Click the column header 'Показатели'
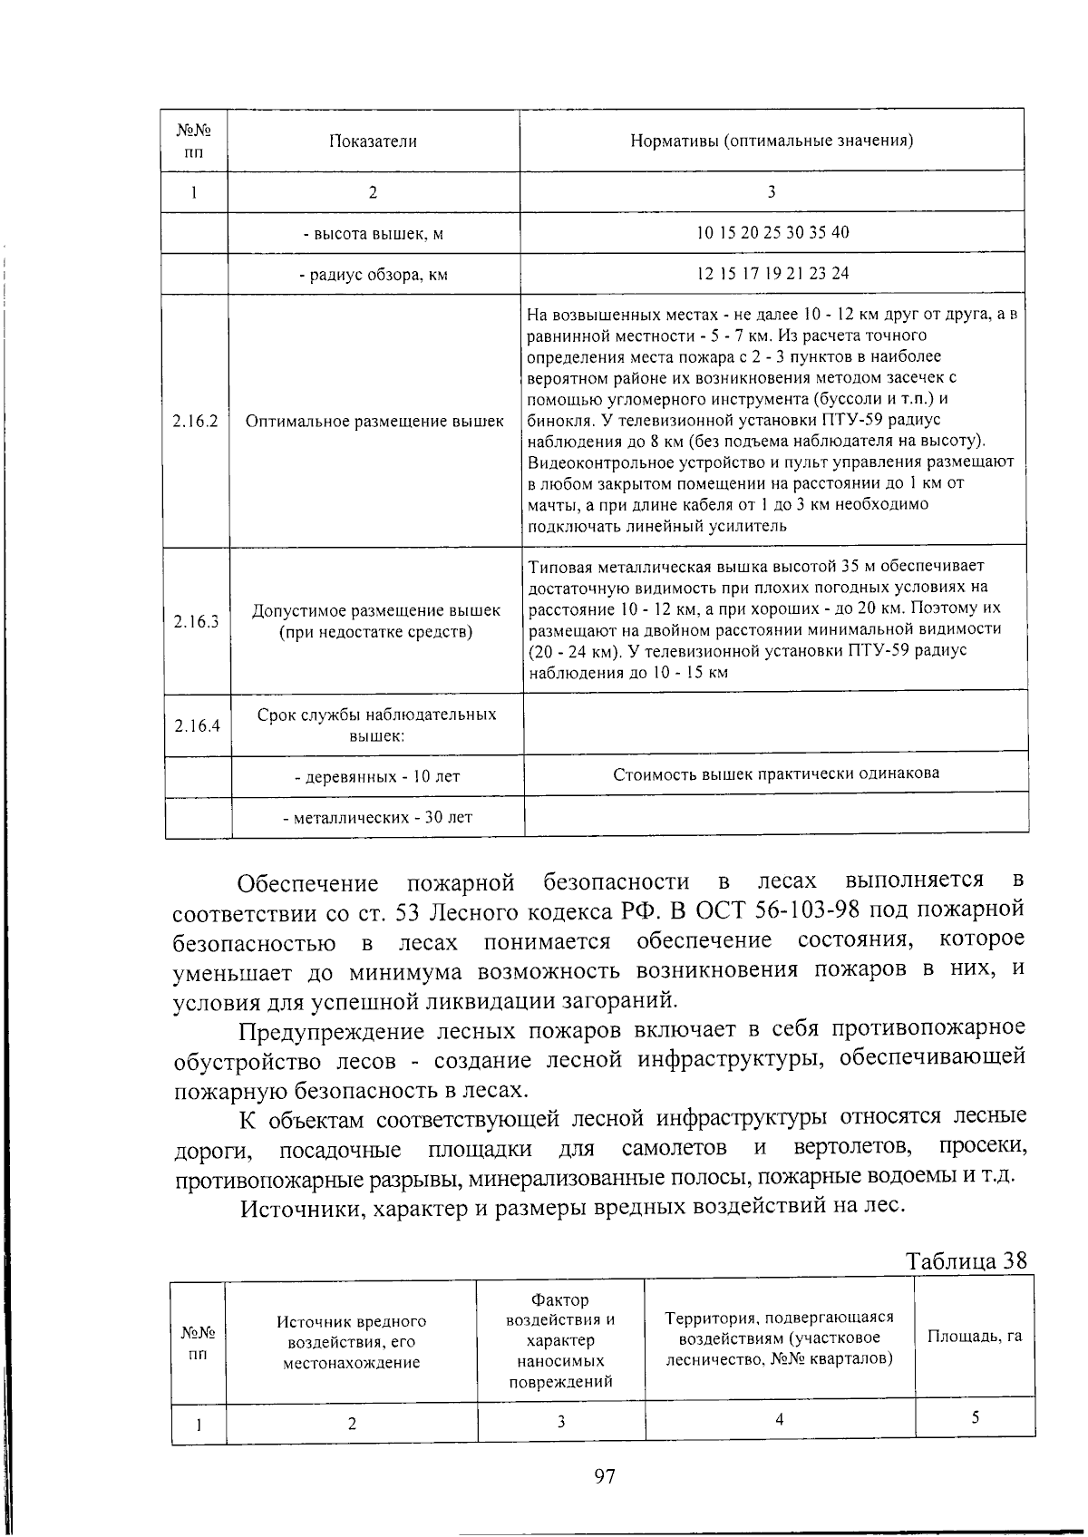(373, 141)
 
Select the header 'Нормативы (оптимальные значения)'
(772, 141)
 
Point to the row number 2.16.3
(196, 621)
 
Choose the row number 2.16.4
(198, 725)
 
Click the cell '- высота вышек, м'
(373, 234)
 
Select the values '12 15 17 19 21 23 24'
(772, 273)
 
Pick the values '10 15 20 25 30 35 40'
(772, 232)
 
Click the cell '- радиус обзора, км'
(374, 274)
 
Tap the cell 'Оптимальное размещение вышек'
(374, 422)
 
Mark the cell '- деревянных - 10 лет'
(377, 777)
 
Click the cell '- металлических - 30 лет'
(377, 817)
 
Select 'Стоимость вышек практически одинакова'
(776, 773)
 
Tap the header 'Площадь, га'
(975, 1336)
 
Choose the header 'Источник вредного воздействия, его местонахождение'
(351, 1342)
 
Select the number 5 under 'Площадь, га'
(975, 1418)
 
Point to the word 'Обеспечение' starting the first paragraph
(307, 883)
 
